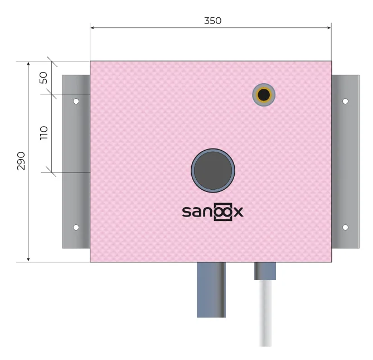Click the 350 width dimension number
212,21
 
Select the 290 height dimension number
21,161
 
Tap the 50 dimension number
43,78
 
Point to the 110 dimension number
44,133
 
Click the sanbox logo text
212,212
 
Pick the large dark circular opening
213,170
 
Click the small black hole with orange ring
264,95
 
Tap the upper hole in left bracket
76,102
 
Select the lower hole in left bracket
76,227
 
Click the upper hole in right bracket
346,102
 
